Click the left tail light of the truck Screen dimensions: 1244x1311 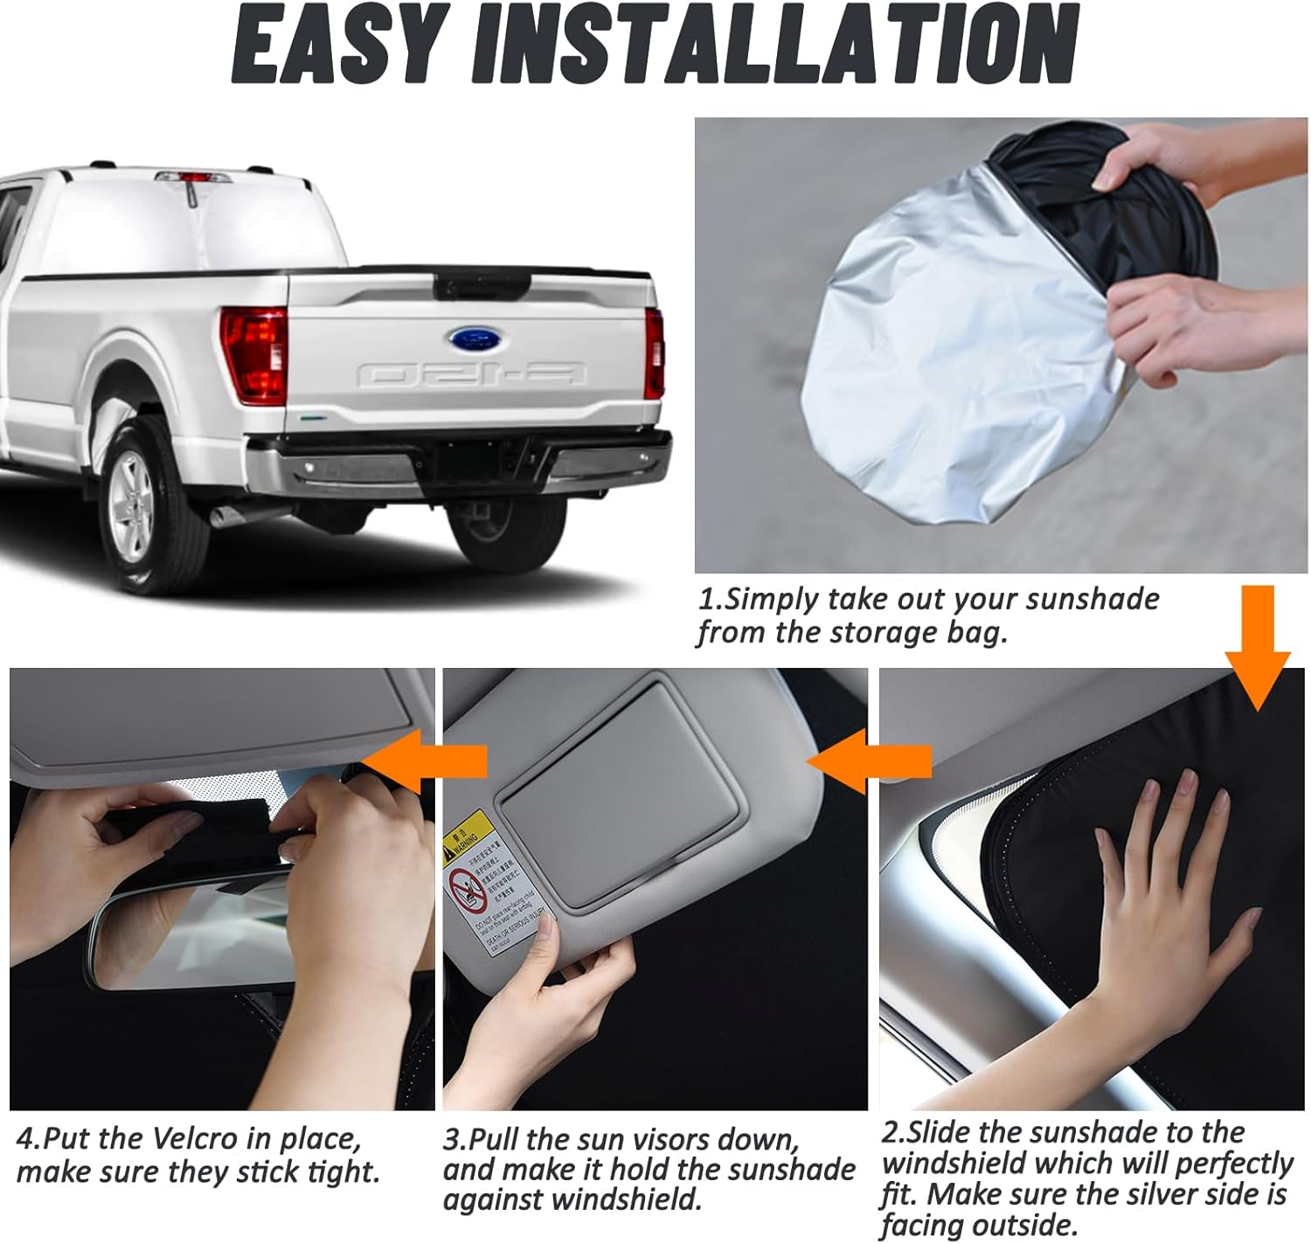coord(253,354)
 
